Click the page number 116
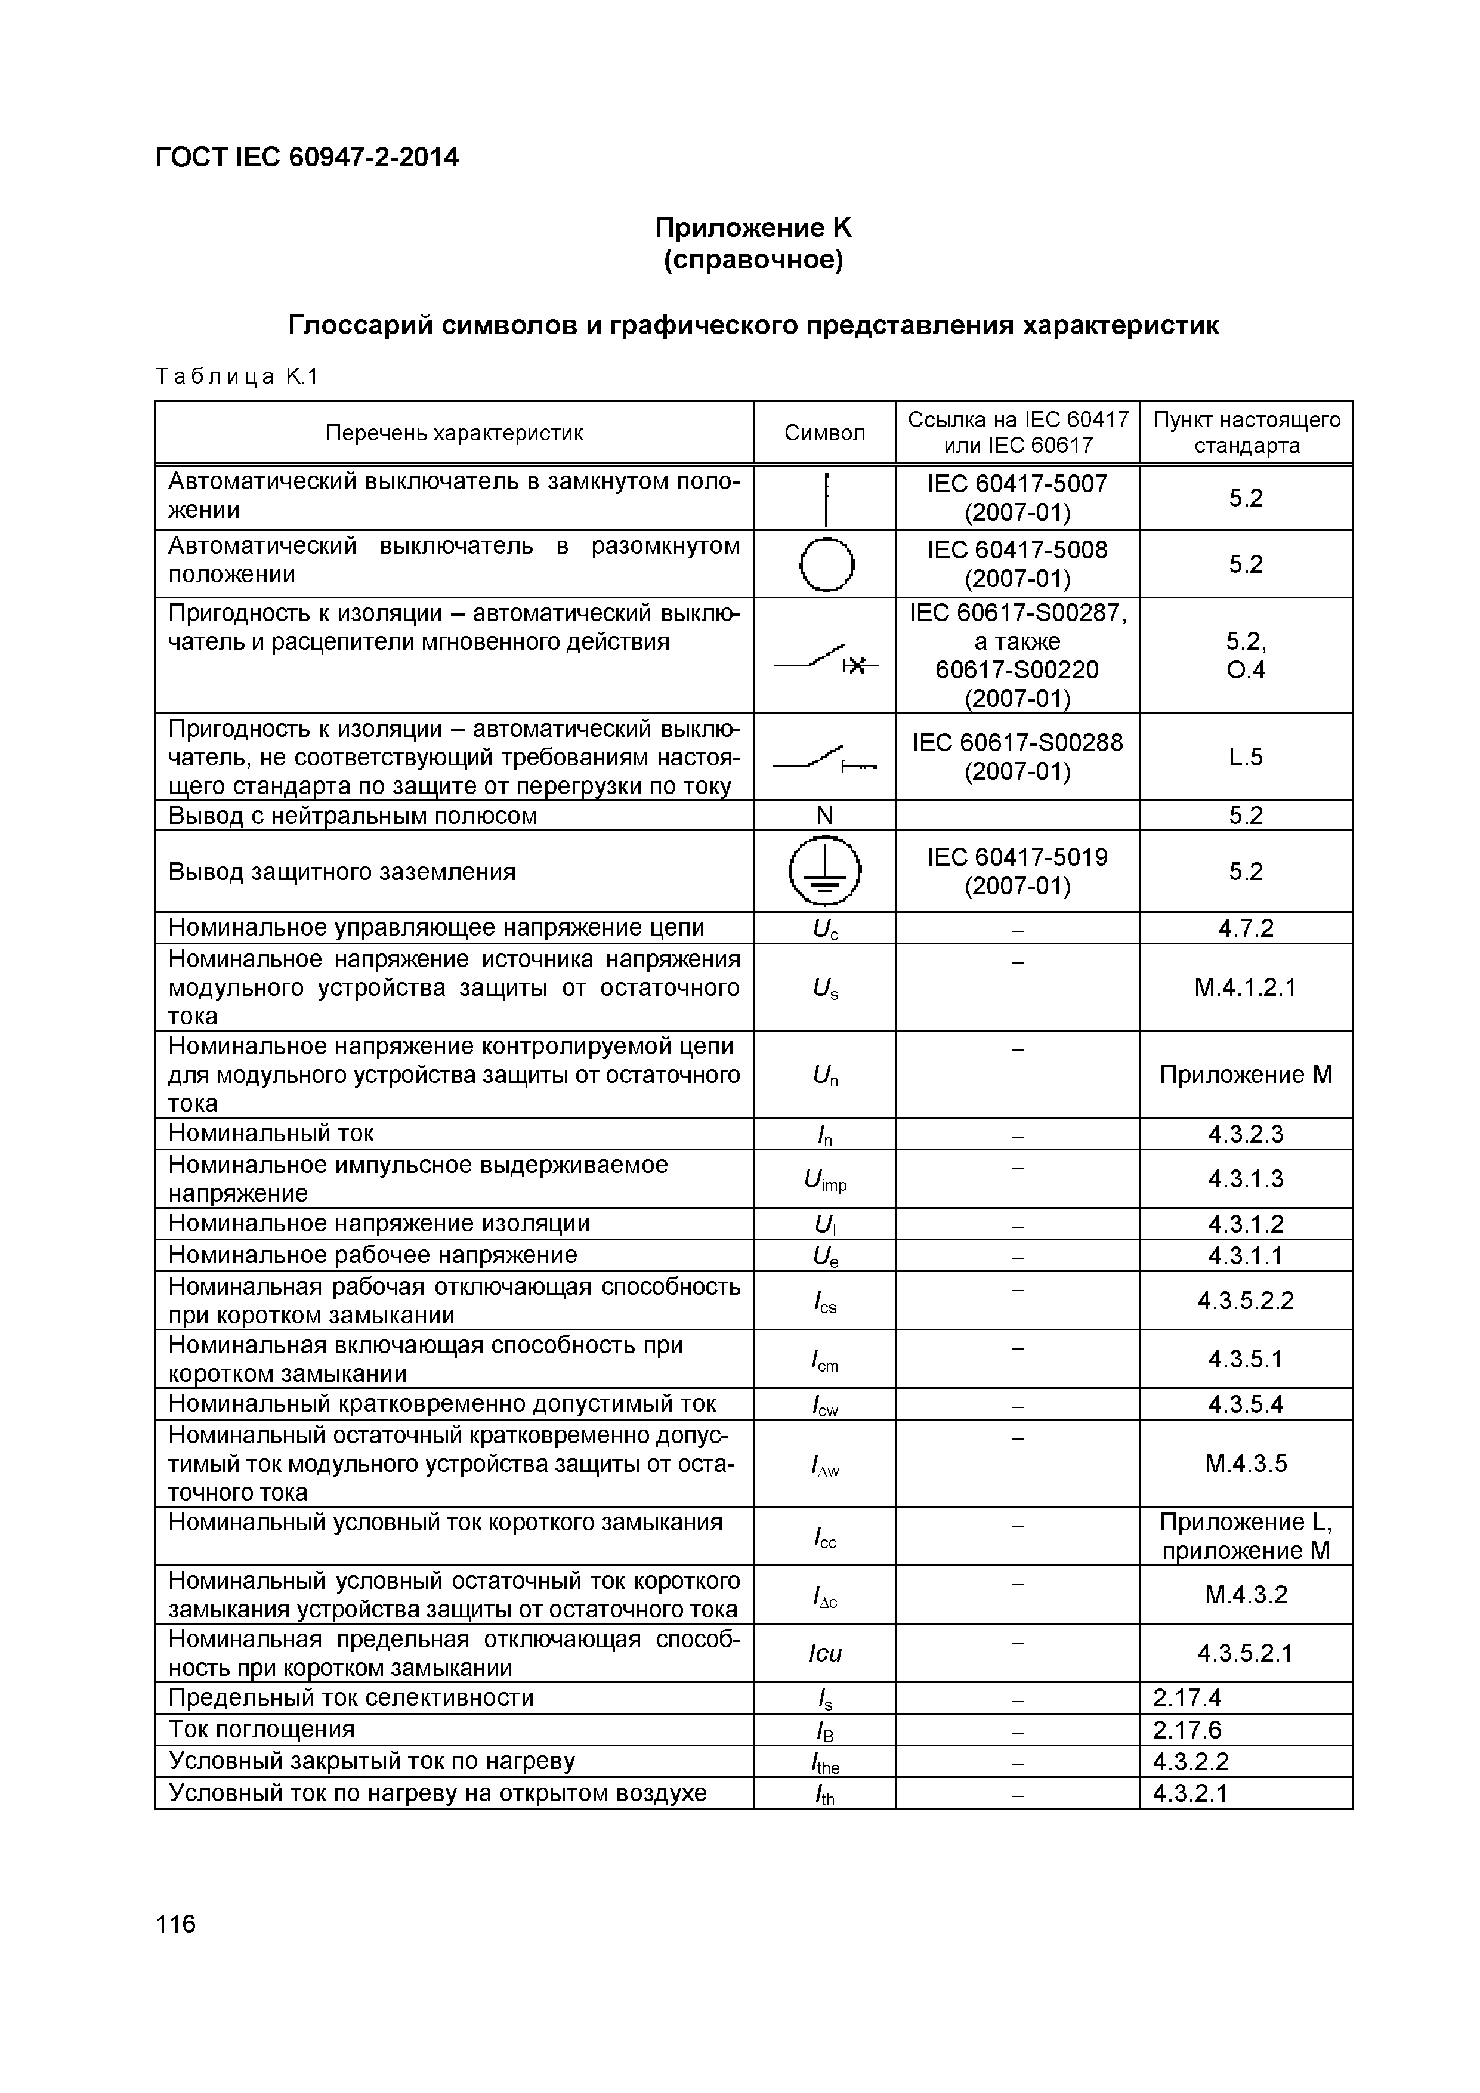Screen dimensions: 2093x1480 (x=176, y=1924)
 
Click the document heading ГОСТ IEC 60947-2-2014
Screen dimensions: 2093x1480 (x=307, y=158)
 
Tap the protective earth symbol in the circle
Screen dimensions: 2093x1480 (x=825, y=870)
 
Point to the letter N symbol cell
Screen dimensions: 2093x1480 (x=825, y=816)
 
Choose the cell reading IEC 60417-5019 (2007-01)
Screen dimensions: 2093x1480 (x=1017, y=870)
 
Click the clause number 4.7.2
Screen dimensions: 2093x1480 (x=1245, y=928)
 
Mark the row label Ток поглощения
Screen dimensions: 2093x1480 (x=261, y=1729)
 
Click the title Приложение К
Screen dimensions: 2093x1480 (x=753, y=227)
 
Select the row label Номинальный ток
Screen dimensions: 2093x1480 (x=271, y=1133)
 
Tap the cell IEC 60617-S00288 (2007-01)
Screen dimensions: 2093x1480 (x=1017, y=757)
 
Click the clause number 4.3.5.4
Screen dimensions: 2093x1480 (x=1245, y=1404)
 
